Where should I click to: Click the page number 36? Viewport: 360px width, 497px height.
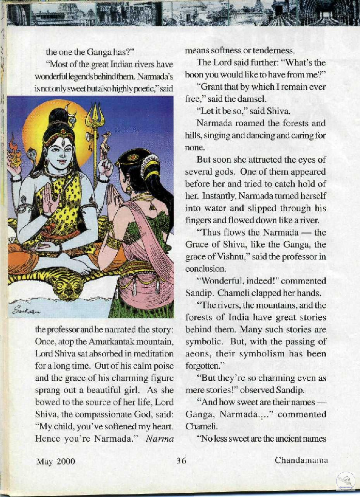coord(181,461)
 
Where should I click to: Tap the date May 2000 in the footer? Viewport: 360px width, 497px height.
coord(56,461)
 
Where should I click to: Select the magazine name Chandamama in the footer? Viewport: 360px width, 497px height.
coord(300,460)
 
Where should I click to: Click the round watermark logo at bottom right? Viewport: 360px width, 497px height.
coord(345,482)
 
